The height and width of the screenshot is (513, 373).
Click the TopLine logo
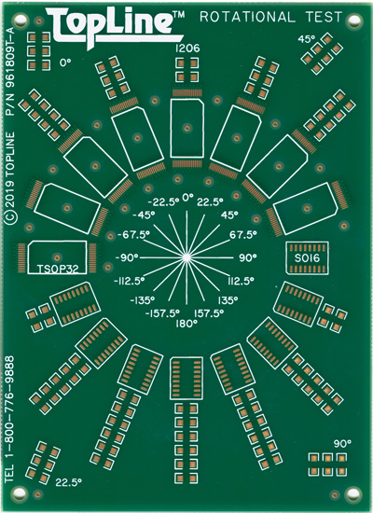116,28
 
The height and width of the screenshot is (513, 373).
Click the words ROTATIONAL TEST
271,17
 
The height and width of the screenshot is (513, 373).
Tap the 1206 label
187,49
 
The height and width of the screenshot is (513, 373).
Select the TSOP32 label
58,269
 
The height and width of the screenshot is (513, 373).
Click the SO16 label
307,258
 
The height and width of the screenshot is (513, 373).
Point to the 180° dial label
186,325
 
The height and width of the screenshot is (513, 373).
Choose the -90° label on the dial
127,257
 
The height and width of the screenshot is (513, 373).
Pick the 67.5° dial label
243,235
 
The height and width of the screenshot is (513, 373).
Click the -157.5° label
162,313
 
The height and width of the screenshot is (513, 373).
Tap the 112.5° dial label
241,281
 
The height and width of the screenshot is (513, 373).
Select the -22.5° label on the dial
163,202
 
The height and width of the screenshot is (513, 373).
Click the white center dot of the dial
186,257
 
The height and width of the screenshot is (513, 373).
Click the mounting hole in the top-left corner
20,20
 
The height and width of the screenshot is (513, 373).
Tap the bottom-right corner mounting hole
353,493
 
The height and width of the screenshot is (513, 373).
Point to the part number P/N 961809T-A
10,71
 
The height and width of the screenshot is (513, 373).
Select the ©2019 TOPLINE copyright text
10,178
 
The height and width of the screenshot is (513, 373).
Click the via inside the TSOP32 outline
58,257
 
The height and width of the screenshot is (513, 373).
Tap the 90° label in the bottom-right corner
342,444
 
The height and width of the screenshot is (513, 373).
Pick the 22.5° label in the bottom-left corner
68,482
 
